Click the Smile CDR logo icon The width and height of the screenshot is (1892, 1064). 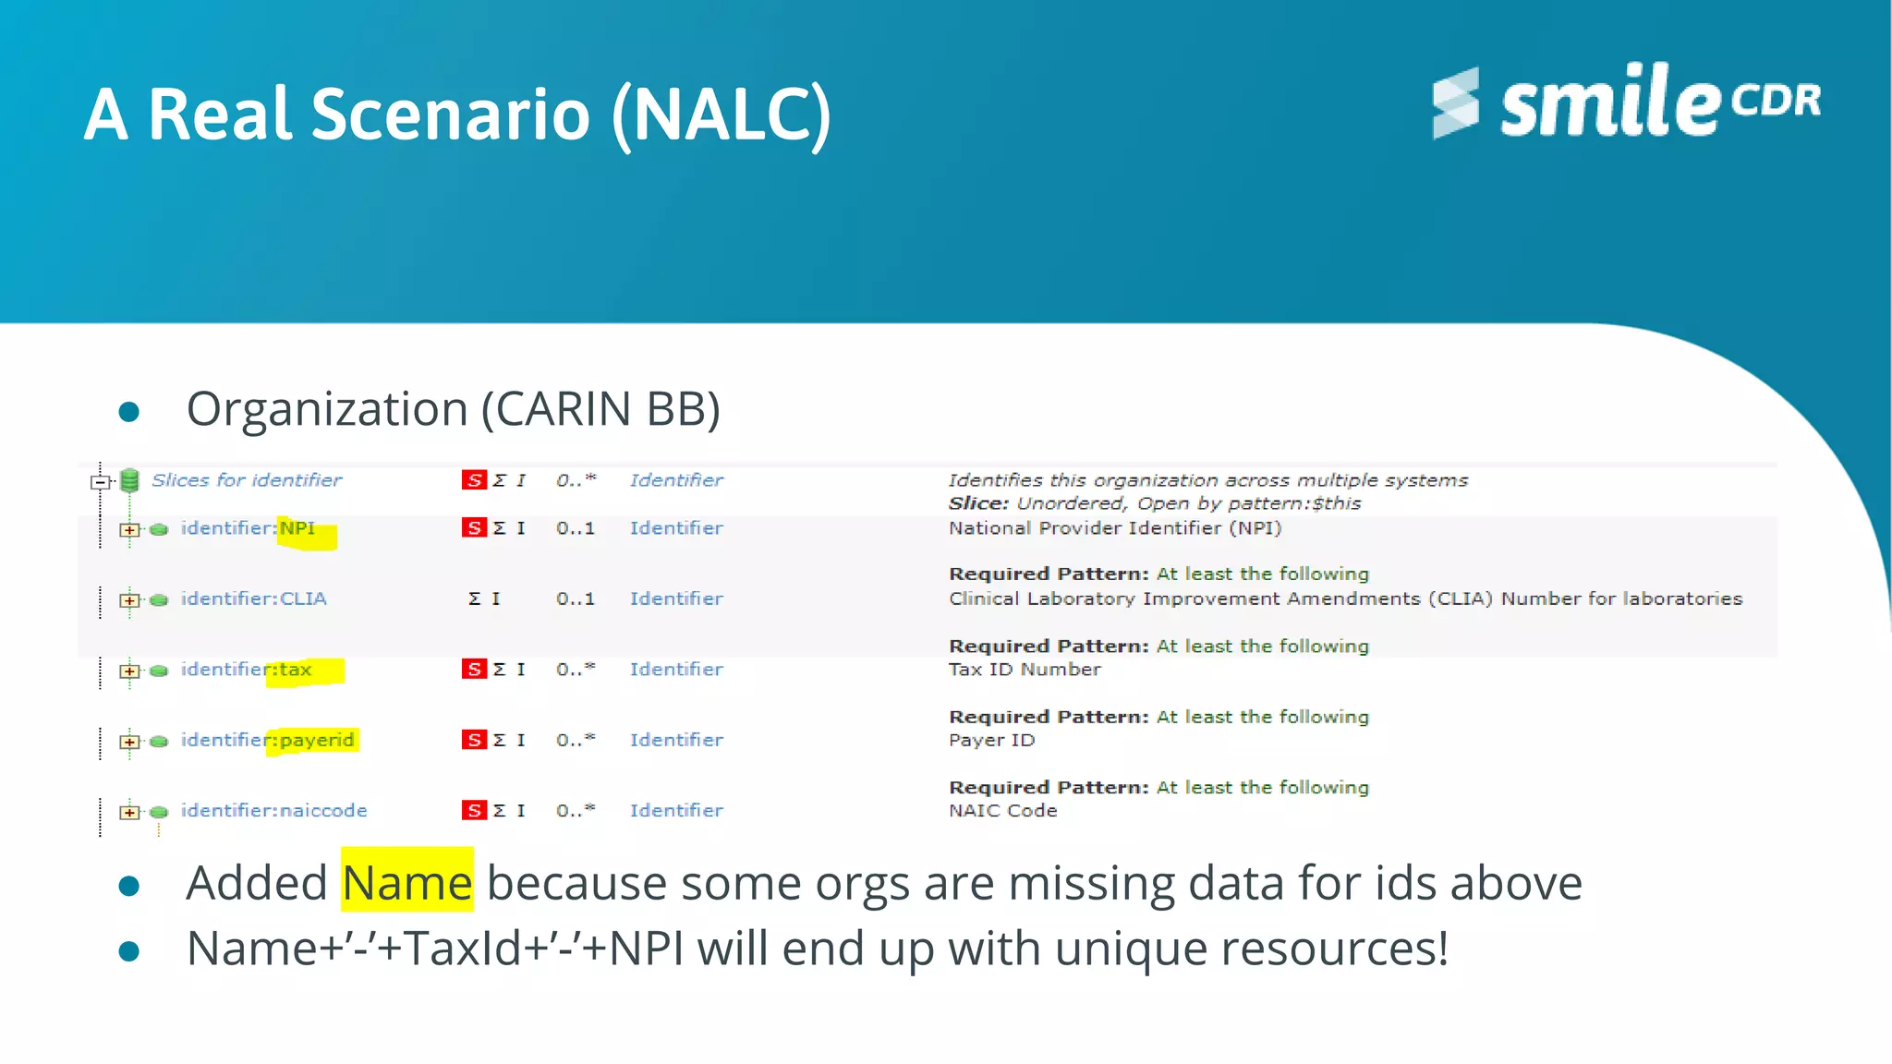[1455, 103]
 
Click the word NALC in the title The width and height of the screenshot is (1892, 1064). [721, 115]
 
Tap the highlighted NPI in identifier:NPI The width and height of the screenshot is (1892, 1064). [297, 528]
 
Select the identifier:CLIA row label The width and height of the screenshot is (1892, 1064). [253, 598]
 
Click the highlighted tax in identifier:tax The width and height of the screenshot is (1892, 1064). [296, 670]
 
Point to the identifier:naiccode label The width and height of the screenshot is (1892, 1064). [273, 810]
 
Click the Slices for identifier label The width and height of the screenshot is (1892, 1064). [247, 480]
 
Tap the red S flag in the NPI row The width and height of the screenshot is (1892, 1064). [474, 528]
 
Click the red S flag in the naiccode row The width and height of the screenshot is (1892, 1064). [474, 810]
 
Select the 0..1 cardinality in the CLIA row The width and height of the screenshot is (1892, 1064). [575, 598]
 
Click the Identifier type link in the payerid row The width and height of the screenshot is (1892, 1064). [676, 740]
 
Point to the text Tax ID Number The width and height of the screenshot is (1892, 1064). [1025, 670]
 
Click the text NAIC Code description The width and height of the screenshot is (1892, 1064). [1002, 810]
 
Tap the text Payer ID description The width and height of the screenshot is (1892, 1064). [991, 740]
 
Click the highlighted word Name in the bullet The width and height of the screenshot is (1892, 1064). [407, 882]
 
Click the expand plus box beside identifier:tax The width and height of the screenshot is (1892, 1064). [129, 671]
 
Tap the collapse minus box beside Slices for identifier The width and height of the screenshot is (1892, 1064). [99, 481]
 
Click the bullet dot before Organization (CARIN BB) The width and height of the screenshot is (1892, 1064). [129, 411]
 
